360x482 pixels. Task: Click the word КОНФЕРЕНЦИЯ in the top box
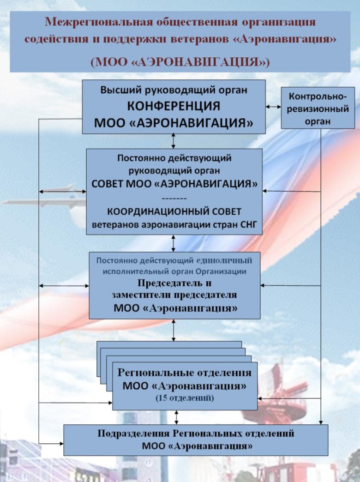(174, 106)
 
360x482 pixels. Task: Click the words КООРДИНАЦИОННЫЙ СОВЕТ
(174, 212)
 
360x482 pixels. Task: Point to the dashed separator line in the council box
(174, 199)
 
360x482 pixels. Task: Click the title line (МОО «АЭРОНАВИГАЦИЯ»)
(180, 61)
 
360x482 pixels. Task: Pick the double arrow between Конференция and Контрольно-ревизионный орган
(273, 107)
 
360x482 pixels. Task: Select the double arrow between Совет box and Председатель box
(174, 243)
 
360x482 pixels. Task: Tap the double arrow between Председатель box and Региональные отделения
(174, 330)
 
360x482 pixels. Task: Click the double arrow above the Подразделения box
(176, 417)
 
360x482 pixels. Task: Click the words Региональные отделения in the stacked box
(185, 373)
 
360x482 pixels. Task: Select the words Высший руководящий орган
(174, 90)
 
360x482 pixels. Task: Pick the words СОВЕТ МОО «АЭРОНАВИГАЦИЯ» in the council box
(174, 184)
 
